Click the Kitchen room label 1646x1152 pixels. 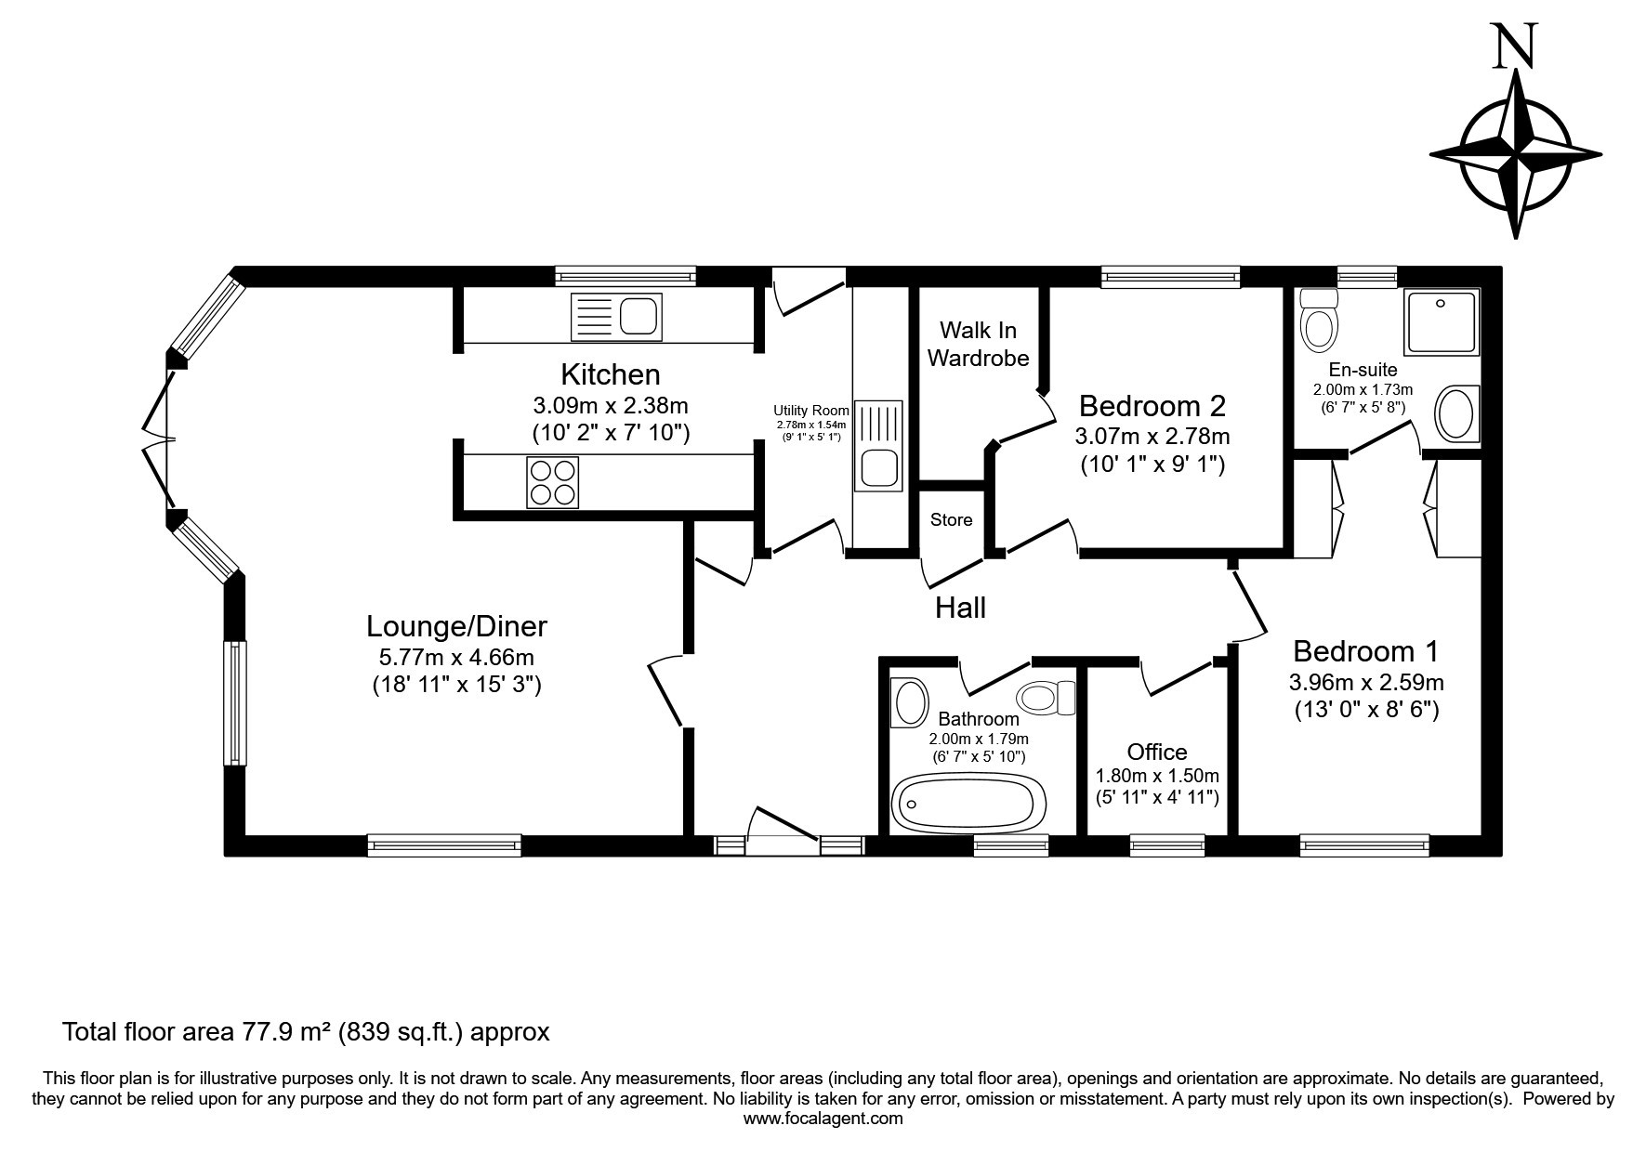click(611, 374)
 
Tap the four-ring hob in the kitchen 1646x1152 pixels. click(553, 482)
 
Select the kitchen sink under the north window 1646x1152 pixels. click(616, 316)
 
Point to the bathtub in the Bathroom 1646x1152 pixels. click(968, 802)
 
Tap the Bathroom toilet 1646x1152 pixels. click(1046, 697)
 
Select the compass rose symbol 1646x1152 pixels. click(1516, 154)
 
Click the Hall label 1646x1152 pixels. click(960, 608)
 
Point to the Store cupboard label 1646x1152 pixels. click(952, 520)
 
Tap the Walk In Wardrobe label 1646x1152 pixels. click(978, 344)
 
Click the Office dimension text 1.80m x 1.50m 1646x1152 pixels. click(1157, 776)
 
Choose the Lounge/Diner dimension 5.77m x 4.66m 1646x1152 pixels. click(456, 658)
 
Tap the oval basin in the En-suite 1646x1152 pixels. click(1455, 414)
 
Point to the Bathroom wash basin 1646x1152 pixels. click(910, 702)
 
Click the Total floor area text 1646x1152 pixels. click(306, 1032)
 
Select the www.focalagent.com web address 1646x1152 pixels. click(823, 1119)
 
